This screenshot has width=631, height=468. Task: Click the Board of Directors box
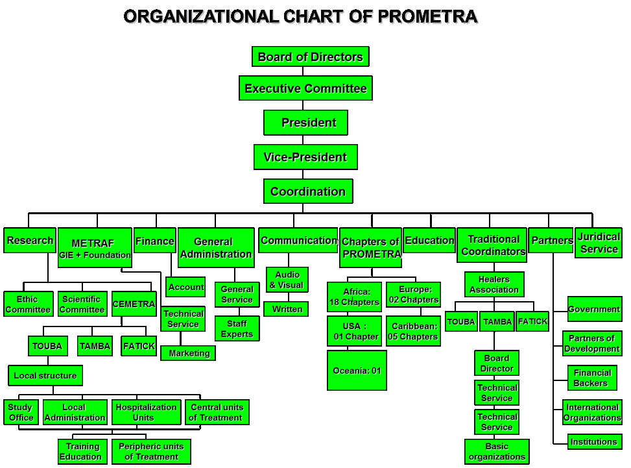pyautogui.click(x=311, y=56)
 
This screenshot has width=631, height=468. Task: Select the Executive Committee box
pyautogui.click(x=305, y=88)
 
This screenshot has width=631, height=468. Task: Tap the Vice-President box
pyautogui.click(x=305, y=157)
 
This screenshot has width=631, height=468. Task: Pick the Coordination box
pyautogui.click(x=308, y=191)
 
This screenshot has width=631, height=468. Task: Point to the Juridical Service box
pyautogui.click(x=599, y=243)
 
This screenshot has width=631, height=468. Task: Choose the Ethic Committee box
pyautogui.click(x=28, y=304)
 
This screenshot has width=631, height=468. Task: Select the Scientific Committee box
pyautogui.click(x=82, y=304)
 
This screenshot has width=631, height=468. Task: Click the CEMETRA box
pyautogui.click(x=134, y=304)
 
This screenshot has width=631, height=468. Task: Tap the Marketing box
pyautogui.click(x=188, y=353)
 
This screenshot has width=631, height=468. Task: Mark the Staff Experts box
pyautogui.click(x=237, y=328)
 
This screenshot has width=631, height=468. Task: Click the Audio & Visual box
pyautogui.click(x=287, y=280)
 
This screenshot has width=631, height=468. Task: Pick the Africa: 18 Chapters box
pyautogui.click(x=354, y=297)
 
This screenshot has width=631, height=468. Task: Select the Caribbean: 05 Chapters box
pyautogui.click(x=413, y=331)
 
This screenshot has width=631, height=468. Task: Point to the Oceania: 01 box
pyautogui.click(x=357, y=370)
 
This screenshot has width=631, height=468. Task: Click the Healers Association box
pyautogui.click(x=494, y=284)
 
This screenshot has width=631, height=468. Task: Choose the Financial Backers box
pyautogui.click(x=591, y=378)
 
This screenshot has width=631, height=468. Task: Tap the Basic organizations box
pyautogui.click(x=497, y=451)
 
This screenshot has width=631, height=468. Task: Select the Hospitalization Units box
pyautogui.click(x=146, y=412)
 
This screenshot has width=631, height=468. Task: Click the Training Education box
pyautogui.click(x=80, y=451)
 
